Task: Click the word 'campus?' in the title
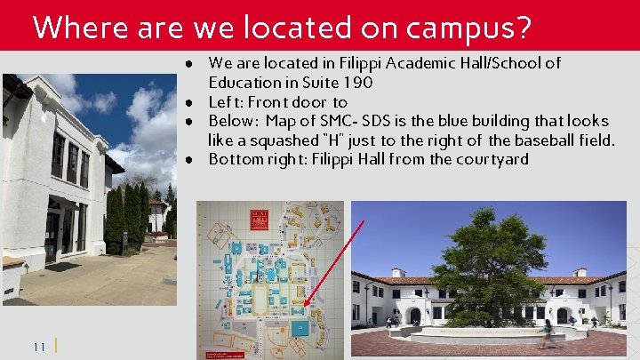click(468, 28)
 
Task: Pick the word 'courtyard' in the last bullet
click(495, 160)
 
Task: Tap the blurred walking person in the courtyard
click(548, 334)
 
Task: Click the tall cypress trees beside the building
click(127, 218)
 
